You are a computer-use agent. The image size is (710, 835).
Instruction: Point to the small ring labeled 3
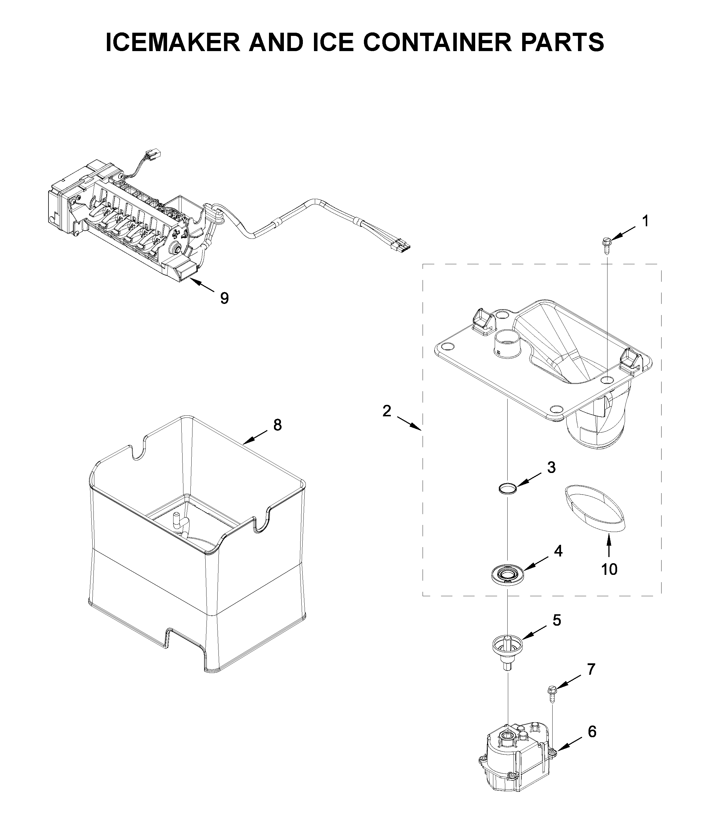(x=507, y=488)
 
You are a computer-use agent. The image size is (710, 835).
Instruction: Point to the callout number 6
(x=592, y=732)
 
